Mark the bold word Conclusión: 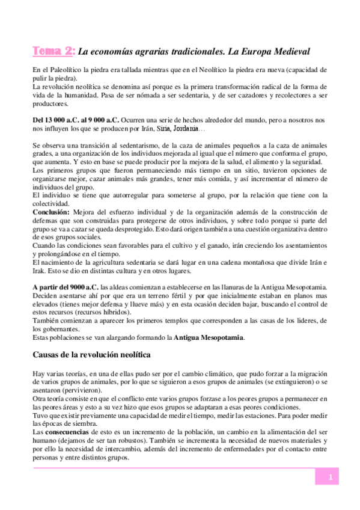[x=51, y=212]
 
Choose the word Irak [x=41, y=263]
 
